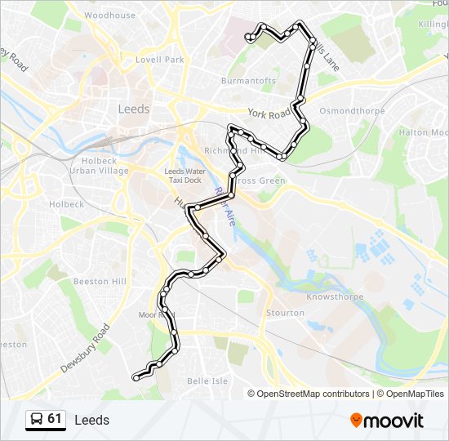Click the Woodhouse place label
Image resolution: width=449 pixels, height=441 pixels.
[109, 16]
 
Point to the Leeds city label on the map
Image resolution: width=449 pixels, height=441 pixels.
[134, 109]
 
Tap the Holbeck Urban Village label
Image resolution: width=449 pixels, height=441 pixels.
[99, 166]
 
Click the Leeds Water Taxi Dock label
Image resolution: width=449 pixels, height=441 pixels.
[185, 176]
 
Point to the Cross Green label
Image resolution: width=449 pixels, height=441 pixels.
[261, 180]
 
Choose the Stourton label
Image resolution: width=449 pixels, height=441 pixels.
[285, 313]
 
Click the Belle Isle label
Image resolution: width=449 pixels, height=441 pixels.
[207, 381]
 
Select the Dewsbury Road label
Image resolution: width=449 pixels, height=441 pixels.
[85, 350]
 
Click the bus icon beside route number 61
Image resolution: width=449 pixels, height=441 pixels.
[37, 420]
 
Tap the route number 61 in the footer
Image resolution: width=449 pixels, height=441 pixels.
[55, 419]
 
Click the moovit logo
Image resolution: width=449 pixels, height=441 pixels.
[387, 421]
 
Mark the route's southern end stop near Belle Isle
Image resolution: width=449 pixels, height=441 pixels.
[136, 377]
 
